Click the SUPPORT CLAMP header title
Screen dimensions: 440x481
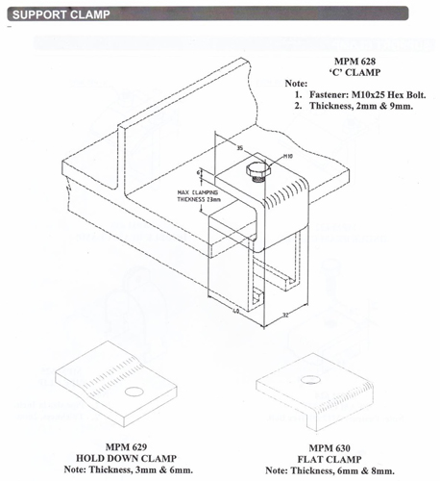click(x=61, y=14)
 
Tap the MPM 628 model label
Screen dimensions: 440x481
click(x=354, y=62)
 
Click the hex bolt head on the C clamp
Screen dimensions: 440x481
click(x=257, y=170)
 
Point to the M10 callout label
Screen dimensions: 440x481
click(x=288, y=156)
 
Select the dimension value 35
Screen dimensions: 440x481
click(x=240, y=148)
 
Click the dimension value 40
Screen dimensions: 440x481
click(x=236, y=311)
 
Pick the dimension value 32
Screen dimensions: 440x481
click(x=285, y=315)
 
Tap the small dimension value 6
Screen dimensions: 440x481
click(x=199, y=173)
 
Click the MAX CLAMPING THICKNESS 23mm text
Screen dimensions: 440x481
click(x=199, y=196)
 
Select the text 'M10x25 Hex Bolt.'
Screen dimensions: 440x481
click(x=389, y=95)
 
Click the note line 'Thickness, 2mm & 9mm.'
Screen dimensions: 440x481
click(x=361, y=106)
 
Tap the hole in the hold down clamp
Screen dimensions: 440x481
click(x=134, y=392)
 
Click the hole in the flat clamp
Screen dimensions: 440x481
click(x=310, y=380)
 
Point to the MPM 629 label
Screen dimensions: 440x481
click(x=126, y=447)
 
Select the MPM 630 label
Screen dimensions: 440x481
click(x=330, y=448)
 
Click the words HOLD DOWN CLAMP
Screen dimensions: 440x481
click(x=126, y=458)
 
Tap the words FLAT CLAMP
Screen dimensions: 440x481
click(x=330, y=459)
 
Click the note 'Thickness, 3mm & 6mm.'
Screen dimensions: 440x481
click(x=141, y=469)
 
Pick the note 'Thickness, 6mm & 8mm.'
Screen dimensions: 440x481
click(x=343, y=470)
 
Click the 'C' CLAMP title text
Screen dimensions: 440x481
click(x=354, y=72)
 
